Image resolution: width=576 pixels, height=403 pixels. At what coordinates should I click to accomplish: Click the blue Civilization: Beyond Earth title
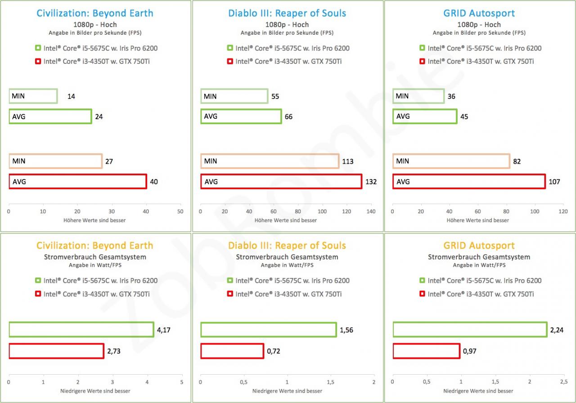coord(95,13)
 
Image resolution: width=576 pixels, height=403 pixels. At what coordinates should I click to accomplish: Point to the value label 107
coord(554,182)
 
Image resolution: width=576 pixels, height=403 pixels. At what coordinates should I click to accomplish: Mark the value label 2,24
coord(557,330)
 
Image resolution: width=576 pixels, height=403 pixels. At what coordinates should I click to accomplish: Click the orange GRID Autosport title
coord(479,246)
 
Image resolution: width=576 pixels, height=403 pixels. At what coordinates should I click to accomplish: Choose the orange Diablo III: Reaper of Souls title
coord(287,246)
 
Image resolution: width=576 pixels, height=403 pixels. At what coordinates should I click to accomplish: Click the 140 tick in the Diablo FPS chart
coord(371,211)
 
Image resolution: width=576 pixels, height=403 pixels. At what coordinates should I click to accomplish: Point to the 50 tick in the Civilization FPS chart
coord(180,211)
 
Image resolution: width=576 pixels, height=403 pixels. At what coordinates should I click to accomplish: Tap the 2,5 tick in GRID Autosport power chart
coord(564,382)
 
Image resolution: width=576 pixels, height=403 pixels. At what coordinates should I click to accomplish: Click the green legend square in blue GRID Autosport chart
coord(422,48)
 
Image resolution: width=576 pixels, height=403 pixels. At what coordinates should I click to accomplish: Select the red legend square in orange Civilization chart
coord(38,294)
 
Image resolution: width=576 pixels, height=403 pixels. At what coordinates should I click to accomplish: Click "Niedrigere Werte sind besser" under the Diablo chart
coord(287,391)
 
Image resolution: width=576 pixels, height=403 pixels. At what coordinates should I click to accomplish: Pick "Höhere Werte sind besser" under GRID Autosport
coord(477,220)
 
